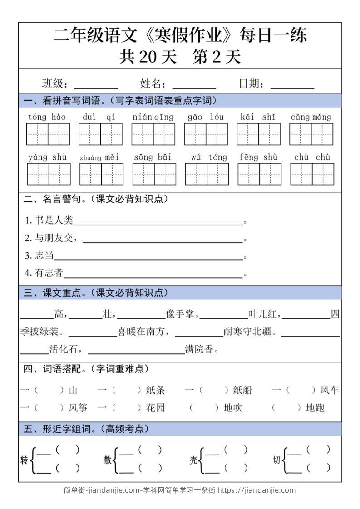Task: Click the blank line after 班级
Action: coord(96,86)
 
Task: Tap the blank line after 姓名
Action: coord(194,86)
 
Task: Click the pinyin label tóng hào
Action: coord(47,117)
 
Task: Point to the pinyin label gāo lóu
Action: coord(206,117)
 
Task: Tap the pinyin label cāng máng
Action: coord(311,117)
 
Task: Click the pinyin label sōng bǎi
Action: coord(153,157)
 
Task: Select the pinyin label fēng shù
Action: coord(258,157)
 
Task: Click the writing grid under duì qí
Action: coord(100,134)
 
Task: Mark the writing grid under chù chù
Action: coord(312,174)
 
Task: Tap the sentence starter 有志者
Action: coord(49,273)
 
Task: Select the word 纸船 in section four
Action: coord(242,390)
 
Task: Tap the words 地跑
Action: coord(315,408)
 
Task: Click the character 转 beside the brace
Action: coord(24,460)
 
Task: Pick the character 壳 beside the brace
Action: coord(193,460)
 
